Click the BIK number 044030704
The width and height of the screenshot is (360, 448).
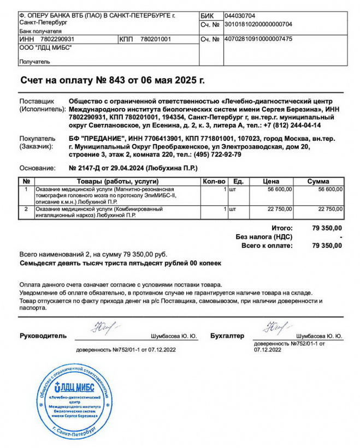[x=240, y=16]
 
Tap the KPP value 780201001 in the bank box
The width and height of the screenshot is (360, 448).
[x=156, y=39]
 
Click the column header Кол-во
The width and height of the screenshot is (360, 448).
[x=214, y=181]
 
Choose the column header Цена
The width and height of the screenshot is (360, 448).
[x=271, y=181]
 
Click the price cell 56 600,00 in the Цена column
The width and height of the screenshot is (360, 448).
[x=279, y=189]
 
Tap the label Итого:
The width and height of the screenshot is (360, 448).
[x=282, y=228]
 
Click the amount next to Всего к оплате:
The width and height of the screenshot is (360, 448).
[x=327, y=246]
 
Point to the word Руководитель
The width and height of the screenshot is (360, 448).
[x=43, y=336]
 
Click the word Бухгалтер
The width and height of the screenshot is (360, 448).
[x=227, y=336]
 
